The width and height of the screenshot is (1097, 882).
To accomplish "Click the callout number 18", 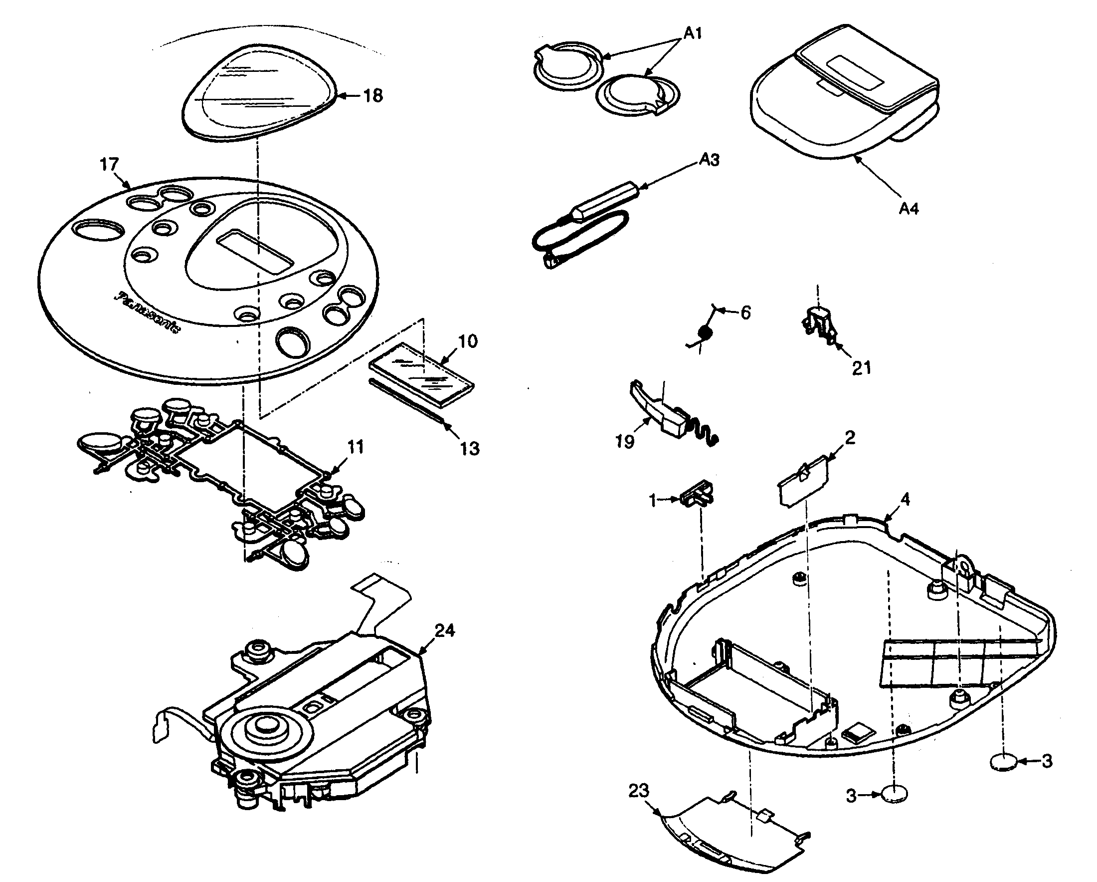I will (373, 95).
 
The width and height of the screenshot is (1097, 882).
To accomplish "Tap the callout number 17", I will (109, 165).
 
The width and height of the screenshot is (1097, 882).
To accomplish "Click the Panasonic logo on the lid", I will (148, 312).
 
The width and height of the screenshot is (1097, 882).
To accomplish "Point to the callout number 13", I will (469, 448).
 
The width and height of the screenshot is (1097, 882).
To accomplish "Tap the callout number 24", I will (444, 630).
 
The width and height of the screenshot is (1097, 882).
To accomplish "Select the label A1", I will (692, 33).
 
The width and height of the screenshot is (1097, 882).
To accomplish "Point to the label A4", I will (908, 208).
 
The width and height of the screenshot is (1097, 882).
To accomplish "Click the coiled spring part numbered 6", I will (705, 332).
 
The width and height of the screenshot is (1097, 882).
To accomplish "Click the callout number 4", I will (905, 500).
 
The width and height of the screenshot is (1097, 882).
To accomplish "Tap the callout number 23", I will (639, 791).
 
